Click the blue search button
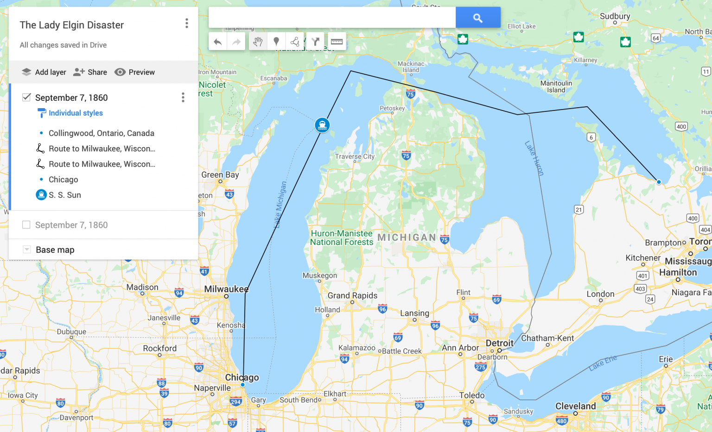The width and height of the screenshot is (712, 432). click(x=478, y=18)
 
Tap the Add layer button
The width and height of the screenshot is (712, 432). click(x=44, y=72)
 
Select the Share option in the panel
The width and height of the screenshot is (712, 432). click(x=90, y=72)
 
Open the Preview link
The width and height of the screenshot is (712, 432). click(x=135, y=72)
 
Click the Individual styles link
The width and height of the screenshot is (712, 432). click(x=76, y=113)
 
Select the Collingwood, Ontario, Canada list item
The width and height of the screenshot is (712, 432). click(x=101, y=133)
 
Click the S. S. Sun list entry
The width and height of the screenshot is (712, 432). click(x=64, y=195)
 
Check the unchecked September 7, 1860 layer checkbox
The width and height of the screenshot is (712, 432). click(x=26, y=225)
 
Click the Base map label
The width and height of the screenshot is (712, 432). click(x=55, y=250)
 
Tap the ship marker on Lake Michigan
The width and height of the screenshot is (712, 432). click(x=322, y=125)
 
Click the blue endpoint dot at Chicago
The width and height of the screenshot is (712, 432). click(x=242, y=385)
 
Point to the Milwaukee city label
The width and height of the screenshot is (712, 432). click(x=226, y=289)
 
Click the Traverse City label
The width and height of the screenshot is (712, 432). click(x=355, y=157)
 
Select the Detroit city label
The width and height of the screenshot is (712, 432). click(x=499, y=343)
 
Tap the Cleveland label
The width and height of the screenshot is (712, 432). click(x=576, y=406)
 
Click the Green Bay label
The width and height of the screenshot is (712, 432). click(x=220, y=175)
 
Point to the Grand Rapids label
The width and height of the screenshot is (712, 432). click(x=352, y=296)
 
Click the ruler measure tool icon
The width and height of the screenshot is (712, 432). click(x=337, y=42)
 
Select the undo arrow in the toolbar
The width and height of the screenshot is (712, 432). click(x=217, y=42)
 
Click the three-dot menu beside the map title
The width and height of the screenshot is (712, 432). click(x=187, y=23)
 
